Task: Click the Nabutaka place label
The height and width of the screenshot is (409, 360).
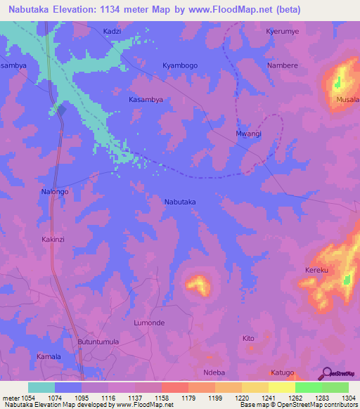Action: pos(180,202)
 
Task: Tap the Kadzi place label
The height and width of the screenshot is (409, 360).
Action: pos(112,32)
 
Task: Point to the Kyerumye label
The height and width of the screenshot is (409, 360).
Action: pos(283,32)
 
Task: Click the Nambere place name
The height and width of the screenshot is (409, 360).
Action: pos(283,65)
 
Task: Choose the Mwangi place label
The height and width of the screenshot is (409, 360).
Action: pos(248,134)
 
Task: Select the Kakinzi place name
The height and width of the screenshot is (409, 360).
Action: pos(53,240)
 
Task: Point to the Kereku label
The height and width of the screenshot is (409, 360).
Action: pos(317,271)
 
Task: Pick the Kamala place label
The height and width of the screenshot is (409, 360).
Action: pos(49,357)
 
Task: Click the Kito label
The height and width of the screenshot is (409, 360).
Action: pos(248,339)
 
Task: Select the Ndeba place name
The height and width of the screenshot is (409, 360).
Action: pos(213,372)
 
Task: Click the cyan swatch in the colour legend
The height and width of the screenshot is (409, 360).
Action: pos(41,387)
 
